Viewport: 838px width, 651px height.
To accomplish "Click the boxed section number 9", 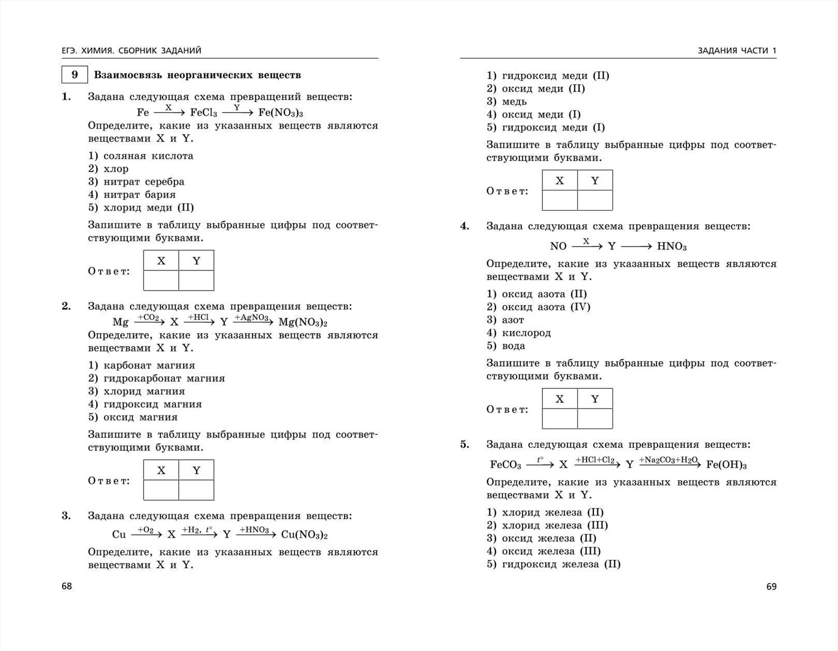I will (74, 75).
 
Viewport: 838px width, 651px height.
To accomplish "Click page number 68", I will (66, 586).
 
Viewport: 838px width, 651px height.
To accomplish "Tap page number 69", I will (771, 586).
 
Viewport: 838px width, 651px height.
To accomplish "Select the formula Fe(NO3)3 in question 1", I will (280, 112).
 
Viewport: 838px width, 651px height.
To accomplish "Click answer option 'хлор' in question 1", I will (116, 169).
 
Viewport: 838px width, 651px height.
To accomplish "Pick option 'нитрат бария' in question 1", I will (139, 194).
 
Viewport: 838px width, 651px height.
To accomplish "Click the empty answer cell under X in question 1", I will (161, 281).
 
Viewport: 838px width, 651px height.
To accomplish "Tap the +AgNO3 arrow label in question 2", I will (252, 317).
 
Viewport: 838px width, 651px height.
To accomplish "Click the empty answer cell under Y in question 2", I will (196, 490).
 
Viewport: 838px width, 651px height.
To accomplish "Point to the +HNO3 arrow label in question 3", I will (255, 530).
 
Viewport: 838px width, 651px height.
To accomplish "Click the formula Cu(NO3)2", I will (304, 535).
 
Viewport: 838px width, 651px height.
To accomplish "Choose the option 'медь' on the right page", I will (514, 102).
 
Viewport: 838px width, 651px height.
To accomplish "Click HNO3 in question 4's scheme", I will (672, 246).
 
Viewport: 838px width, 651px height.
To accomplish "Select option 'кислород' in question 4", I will (526, 333).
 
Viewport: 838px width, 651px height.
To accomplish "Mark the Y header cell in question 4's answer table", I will (595, 399).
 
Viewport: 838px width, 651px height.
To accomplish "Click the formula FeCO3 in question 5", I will (505, 465).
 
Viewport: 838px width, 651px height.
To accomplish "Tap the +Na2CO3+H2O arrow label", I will (669, 460).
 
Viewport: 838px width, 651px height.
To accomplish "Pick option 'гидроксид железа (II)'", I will (561, 564).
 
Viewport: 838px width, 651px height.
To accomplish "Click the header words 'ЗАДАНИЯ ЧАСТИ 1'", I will (737, 51).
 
